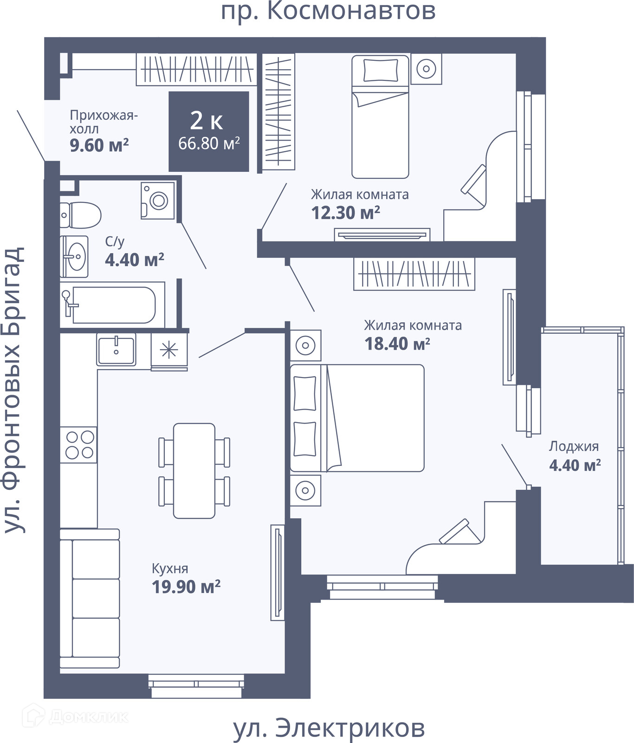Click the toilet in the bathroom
(x=80, y=215)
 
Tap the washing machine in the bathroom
(x=158, y=200)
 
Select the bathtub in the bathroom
(x=112, y=305)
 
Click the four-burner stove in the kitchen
(x=79, y=445)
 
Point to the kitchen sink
(x=116, y=349)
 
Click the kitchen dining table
(x=194, y=470)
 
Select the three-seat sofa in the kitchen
(x=90, y=598)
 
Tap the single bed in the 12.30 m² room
(x=380, y=117)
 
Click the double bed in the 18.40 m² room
(x=357, y=418)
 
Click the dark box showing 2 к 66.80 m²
(x=209, y=131)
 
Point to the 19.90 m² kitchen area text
(x=186, y=587)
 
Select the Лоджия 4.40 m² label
(x=575, y=456)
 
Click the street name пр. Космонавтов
(x=328, y=11)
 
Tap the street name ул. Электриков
(x=329, y=728)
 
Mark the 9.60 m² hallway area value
(x=99, y=145)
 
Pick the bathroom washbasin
(x=74, y=256)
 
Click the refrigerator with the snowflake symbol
(x=169, y=352)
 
